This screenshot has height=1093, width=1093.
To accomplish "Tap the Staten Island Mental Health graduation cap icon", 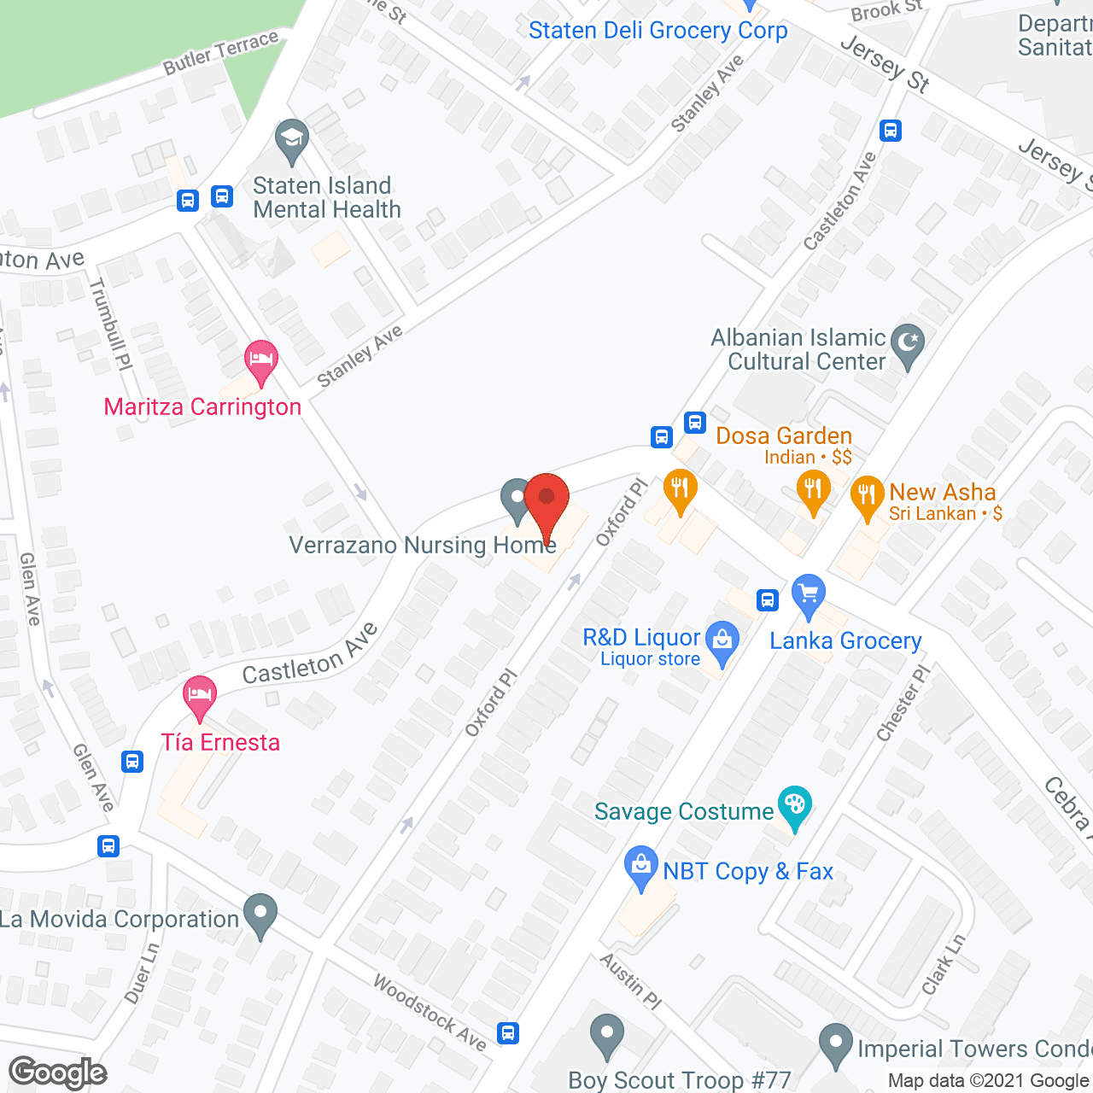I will (x=291, y=140).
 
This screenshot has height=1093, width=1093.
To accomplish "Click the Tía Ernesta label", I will (x=220, y=742).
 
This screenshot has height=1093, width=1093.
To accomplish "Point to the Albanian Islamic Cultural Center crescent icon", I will (x=907, y=345).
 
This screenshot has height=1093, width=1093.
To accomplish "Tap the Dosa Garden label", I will (x=783, y=436).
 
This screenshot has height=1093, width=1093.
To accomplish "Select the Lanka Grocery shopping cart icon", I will (x=808, y=594).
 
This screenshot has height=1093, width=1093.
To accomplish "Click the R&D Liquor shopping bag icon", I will (x=722, y=641).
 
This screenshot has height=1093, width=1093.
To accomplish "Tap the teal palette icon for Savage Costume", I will (x=795, y=806).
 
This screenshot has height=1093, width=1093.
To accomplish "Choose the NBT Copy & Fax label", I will (x=747, y=871).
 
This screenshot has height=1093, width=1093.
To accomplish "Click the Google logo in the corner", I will (x=57, y=1073).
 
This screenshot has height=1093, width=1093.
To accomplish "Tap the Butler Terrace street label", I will (x=220, y=52).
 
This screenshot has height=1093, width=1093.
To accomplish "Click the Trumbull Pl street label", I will (x=112, y=324).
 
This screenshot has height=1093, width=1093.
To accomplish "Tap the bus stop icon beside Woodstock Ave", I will (x=508, y=1032).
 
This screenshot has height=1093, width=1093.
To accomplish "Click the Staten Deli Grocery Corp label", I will (x=658, y=31).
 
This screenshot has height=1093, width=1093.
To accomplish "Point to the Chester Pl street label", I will (x=903, y=704).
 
